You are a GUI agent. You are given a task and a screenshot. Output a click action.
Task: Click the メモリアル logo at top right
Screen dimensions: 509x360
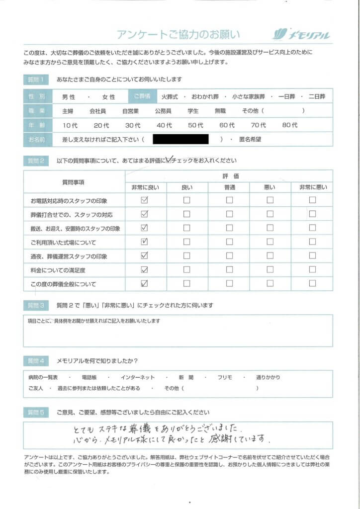coord(302,34)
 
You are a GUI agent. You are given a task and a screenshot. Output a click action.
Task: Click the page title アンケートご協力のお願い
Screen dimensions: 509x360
coord(178,34)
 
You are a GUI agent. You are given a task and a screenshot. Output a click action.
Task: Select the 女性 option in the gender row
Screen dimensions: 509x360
coord(108,97)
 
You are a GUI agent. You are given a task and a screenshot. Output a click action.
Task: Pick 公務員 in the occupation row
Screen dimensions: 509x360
coord(163,111)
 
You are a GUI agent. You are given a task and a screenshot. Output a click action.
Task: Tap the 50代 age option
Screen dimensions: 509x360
coord(196,125)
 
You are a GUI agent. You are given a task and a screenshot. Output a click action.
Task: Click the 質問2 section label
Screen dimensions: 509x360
coord(36,161)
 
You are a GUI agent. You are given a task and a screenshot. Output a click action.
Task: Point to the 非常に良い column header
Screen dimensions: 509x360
coord(145,187)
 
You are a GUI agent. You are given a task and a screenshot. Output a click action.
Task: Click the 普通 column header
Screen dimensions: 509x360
coord(229,187)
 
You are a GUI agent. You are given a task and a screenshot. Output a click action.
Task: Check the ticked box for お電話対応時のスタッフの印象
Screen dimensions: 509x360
coord(145,200)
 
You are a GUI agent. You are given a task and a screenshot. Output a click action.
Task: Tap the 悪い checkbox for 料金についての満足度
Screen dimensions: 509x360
coord(270,270)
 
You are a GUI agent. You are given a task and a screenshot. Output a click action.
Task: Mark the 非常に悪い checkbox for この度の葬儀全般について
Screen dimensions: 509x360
coord(312,284)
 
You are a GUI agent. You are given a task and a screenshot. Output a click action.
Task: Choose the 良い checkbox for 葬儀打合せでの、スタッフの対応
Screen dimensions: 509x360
coord(186,214)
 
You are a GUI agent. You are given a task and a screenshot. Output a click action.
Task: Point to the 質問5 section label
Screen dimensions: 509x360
coord(36,412)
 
